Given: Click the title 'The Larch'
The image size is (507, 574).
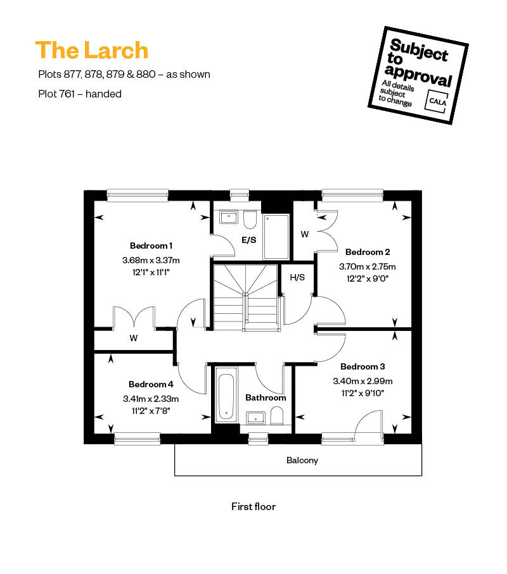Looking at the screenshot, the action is click(x=92, y=50).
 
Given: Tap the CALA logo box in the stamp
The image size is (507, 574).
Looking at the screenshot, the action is click(x=437, y=101).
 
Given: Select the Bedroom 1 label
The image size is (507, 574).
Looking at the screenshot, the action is click(x=151, y=246).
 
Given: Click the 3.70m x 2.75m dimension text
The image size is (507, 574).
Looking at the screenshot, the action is click(x=368, y=266).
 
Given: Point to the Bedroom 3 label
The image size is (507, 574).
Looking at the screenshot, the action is click(x=363, y=366).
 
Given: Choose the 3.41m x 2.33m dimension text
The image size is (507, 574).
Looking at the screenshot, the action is click(x=151, y=399).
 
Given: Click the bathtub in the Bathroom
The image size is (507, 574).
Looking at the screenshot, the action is click(x=226, y=395).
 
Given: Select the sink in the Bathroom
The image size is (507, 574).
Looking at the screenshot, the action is click(x=255, y=418).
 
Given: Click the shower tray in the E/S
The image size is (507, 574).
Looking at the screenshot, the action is click(x=276, y=237).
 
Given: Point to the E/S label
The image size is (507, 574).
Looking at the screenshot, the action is click(x=249, y=240).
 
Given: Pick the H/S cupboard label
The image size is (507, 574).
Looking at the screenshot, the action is click(x=297, y=277).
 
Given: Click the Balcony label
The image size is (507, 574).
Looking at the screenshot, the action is click(x=302, y=460).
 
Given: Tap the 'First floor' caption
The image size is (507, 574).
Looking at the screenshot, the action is click(x=253, y=507).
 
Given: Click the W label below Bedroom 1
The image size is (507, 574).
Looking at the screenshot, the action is click(x=134, y=338).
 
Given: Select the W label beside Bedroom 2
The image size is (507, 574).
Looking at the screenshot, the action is click(x=305, y=234).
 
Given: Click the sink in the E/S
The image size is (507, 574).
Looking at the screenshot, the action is click(x=229, y=216).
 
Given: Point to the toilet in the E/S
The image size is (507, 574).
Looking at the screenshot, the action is click(x=250, y=219).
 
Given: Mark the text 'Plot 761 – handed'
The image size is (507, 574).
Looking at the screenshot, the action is click(x=80, y=94).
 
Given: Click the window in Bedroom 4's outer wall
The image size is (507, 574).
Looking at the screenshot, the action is click(x=137, y=439).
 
